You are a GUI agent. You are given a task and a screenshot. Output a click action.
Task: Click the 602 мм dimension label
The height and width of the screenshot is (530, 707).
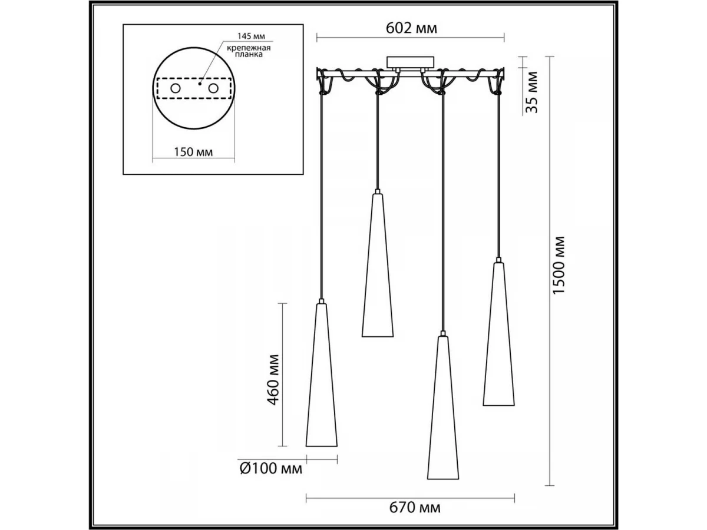pos(411,28)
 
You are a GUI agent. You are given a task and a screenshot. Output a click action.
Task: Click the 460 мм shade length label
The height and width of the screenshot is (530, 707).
pos(273,380)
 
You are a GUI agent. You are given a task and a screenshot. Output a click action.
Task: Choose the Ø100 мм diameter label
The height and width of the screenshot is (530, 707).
pos(271,469)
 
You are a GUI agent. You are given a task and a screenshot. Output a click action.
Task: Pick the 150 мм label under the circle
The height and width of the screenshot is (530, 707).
pos(193,151)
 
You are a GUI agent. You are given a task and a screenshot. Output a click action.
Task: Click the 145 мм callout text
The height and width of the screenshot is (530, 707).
pos(251,36)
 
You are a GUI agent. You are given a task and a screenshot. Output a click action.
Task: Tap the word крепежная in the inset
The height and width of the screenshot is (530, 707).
pos(249,48)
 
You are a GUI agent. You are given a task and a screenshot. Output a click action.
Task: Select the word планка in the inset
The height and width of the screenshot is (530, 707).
pos(249,54)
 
